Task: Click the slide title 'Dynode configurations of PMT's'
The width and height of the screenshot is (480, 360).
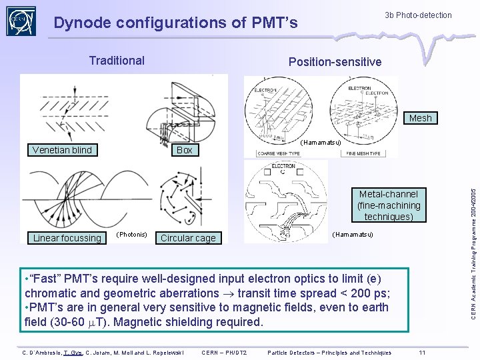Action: coord(175,23)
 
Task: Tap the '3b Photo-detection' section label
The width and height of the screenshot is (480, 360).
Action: coord(418,15)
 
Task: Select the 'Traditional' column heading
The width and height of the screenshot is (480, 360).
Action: coord(117,61)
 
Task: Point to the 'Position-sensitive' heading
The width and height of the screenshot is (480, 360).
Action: coord(335,62)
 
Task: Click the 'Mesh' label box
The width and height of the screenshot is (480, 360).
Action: coord(420,118)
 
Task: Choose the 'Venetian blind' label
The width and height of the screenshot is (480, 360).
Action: coord(62,150)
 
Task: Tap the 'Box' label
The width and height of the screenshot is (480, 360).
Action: coord(185,150)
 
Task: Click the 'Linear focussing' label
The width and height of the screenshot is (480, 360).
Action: coord(67,238)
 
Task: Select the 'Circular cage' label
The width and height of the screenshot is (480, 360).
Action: coord(188,238)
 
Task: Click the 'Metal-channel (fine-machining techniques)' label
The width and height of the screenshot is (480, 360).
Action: coord(389,205)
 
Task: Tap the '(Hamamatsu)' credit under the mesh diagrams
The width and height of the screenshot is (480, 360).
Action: coord(320,143)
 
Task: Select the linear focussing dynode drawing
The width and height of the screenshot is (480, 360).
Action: coord(67,197)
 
